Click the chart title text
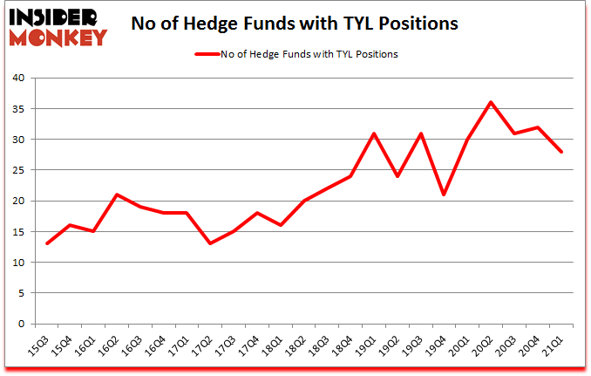tap(295, 24)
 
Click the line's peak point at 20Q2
tap(492, 102)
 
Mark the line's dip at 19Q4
tap(445, 195)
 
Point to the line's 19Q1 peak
tap(374, 133)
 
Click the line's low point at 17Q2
tap(210, 243)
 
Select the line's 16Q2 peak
tap(117, 195)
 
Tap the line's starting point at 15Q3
tap(46, 243)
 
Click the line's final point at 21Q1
tap(562, 152)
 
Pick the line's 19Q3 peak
tap(421, 133)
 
